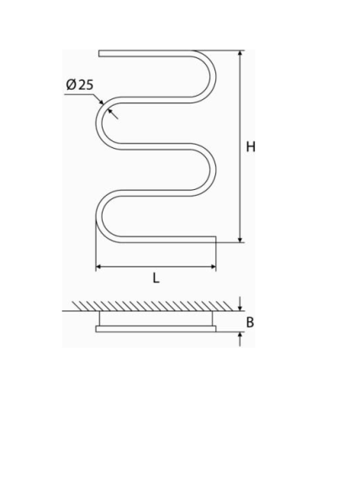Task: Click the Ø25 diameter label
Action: (80, 85)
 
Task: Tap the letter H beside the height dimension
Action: (251, 147)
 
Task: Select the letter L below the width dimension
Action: (156, 278)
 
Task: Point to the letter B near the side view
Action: (250, 322)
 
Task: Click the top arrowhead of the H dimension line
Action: (241, 54)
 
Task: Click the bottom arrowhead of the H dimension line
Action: (241, 239)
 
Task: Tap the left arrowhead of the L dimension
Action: (99, 267)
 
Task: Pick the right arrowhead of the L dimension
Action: (212, 267)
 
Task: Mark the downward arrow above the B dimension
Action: (241, 303)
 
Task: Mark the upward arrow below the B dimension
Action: (241, 339)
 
